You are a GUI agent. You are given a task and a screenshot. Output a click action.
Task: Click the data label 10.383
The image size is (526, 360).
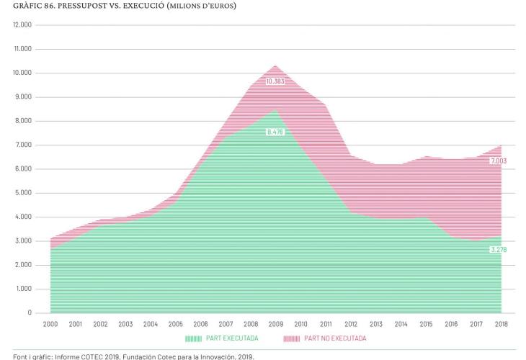[275, 81]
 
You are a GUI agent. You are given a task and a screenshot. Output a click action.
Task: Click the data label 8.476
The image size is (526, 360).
[275, 132]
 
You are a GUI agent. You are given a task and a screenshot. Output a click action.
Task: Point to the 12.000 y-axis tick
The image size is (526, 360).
[22, 25]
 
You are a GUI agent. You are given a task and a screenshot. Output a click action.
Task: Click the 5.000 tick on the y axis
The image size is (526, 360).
[24, 193]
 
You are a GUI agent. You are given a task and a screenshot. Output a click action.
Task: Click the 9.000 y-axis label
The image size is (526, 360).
[24, 97]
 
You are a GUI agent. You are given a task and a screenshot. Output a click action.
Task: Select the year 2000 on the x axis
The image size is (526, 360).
[50, 324]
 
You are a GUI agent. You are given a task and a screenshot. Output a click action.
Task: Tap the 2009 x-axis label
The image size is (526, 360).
[275, 324]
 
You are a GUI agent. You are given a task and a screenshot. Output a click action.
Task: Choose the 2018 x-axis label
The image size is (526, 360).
[500, 324]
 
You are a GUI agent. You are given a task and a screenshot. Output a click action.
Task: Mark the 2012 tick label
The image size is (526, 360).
[350, 324]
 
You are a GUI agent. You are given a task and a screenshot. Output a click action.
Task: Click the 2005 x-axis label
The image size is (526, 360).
[175, 324]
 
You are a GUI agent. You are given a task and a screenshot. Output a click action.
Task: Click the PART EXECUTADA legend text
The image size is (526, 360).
[233, 338]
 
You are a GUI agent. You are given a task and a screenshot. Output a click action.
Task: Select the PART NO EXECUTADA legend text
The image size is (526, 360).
[336, 338]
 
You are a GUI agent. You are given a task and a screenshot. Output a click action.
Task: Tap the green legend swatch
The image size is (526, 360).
[194, 338]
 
